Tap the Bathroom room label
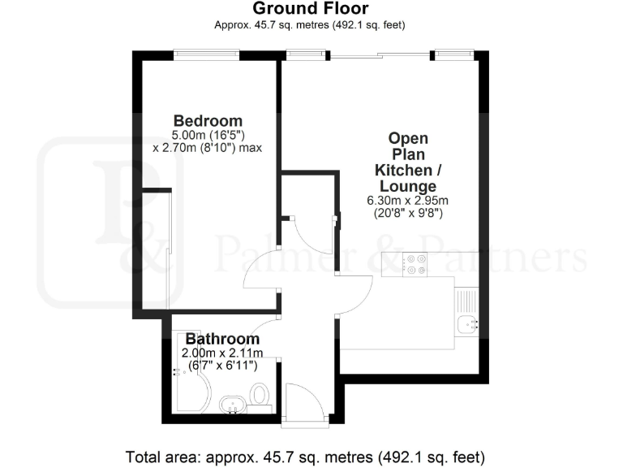(222, 339)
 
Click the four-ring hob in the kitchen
(416, 262)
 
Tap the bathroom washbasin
(233, 404)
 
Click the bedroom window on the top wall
(206, 55)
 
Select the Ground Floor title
(311, 9)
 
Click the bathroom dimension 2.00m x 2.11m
(222, 353)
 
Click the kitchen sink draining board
(467, 302)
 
